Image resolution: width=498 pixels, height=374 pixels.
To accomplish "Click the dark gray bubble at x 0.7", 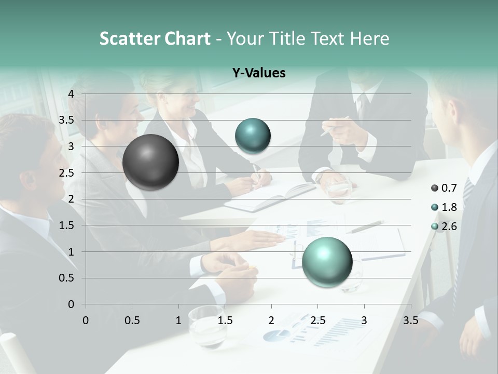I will [150, 162].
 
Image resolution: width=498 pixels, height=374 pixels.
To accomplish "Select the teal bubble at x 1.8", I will [253, 136].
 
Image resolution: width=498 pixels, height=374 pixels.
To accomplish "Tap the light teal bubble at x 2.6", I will [327, 261].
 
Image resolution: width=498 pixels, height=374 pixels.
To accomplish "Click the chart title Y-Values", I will [259, 73].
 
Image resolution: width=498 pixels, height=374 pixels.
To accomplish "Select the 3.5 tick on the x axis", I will [410, 320].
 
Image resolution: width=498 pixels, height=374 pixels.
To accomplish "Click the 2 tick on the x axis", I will [271, 320].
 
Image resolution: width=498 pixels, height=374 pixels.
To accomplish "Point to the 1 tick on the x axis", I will [178, 320].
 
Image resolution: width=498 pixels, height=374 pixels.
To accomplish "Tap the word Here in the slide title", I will [369, 38].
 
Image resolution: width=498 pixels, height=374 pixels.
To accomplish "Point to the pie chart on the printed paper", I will [277, 335].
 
